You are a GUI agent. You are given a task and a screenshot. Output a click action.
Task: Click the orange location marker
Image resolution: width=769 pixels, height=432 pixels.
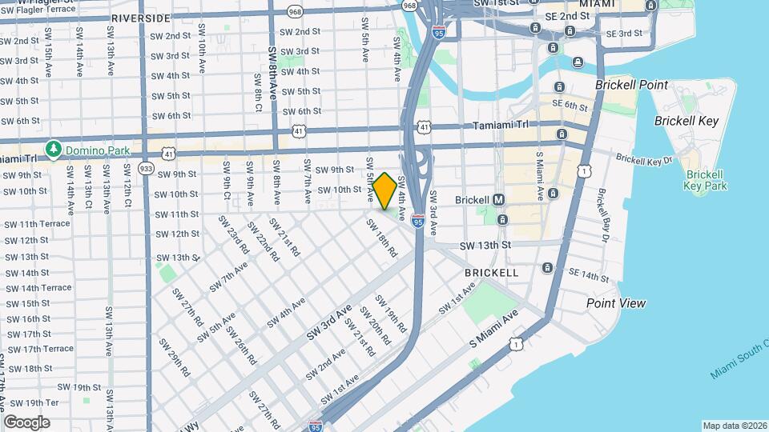click(384, 191)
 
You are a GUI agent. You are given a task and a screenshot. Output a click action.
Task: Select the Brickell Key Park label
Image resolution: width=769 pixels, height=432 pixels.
click(705, 180)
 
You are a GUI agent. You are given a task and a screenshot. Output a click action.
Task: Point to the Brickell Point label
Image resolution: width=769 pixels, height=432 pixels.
click(631, 85)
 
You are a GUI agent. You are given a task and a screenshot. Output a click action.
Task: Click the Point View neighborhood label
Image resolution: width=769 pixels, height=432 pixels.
click(615, 303)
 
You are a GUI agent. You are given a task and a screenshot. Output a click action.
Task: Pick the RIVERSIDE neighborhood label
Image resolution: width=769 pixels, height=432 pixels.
click(141, 18)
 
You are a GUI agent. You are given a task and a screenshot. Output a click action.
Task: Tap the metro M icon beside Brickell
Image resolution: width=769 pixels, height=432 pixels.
click(498, 199)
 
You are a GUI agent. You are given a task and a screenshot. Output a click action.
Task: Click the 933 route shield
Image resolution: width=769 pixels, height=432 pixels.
click(146, 169)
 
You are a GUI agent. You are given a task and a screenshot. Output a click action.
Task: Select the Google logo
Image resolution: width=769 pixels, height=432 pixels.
click(26, 422)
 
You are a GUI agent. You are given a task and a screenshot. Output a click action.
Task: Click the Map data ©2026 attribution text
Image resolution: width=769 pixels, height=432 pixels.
click(734, 426)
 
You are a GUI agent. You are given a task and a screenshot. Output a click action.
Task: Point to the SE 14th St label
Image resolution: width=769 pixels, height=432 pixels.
click(589, 275)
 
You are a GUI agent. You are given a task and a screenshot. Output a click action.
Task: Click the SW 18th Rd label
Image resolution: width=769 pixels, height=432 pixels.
click(382, 238)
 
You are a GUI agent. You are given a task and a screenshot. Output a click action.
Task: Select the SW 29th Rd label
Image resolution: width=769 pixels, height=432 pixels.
click(173, 357)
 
